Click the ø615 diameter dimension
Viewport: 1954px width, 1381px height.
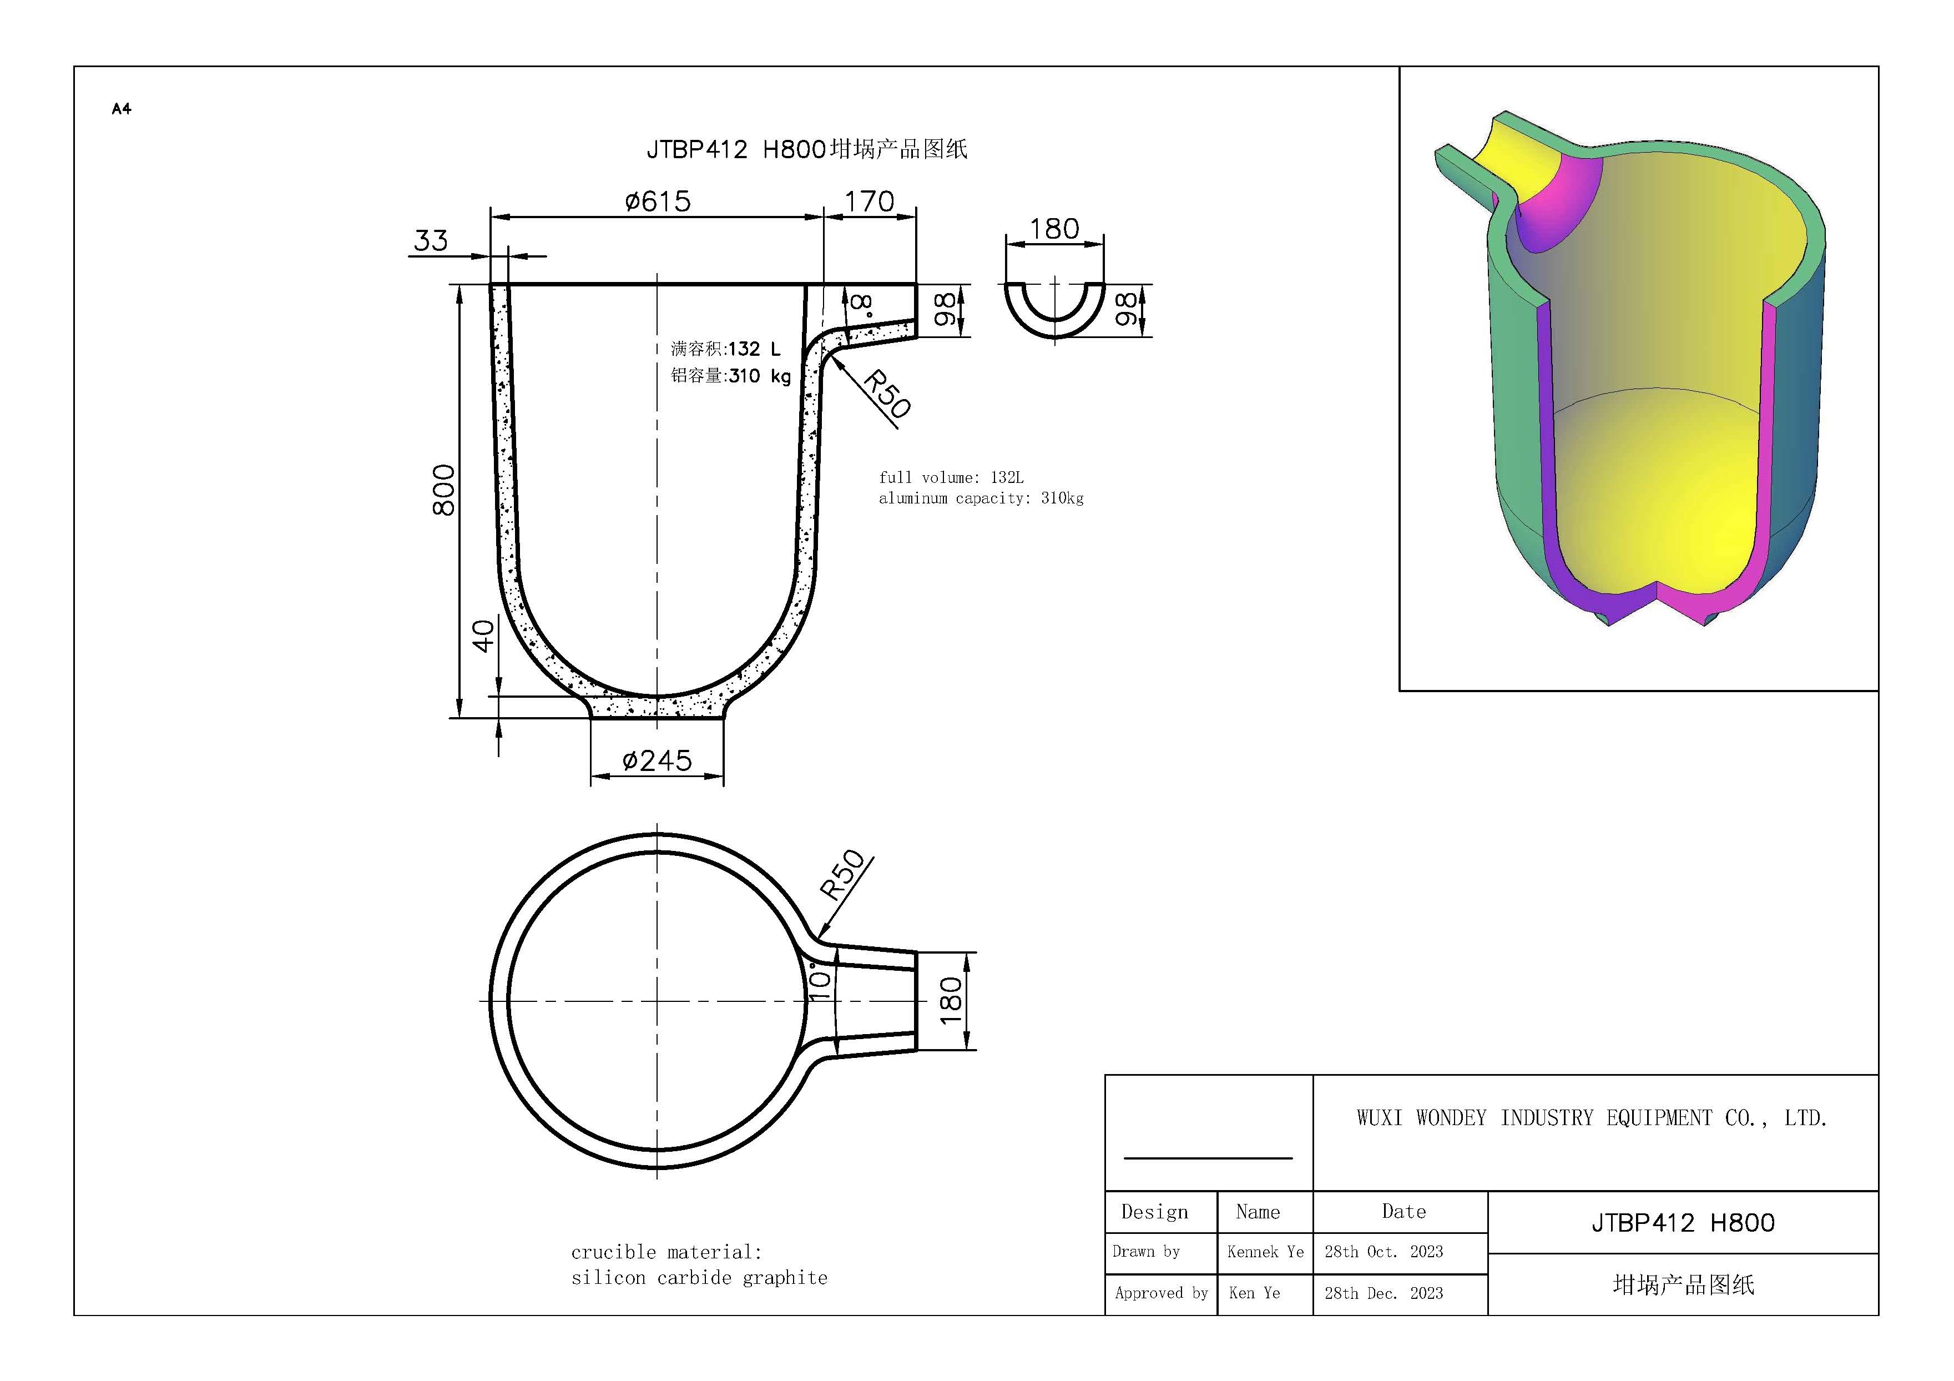tap(657, 202)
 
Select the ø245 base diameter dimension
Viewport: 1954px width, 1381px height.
tap(657, 760)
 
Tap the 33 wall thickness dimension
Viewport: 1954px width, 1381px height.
tap(431, 241)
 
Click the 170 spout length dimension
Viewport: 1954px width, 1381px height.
tap(869, 202)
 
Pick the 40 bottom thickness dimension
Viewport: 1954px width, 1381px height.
tap(483, 636)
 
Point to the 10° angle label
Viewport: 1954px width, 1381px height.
tap(819, 981)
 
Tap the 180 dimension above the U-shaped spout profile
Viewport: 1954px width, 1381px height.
tap(1054, 229)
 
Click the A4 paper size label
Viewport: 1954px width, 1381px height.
tap(122, 109)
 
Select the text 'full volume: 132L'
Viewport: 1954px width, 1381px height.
tap(951, 478)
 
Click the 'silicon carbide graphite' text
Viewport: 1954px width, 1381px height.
tap(699, 1278)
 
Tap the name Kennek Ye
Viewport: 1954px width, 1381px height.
tap(1265, 1252)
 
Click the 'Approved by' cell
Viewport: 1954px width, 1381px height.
tap(1161, 1293)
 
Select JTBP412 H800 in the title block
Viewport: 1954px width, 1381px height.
tap(1683, 1223)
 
